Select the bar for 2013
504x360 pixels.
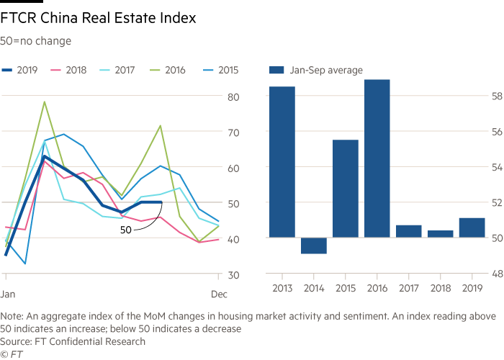[x=282, y=162]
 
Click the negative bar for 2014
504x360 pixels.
[x=313, y=246]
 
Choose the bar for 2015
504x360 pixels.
[x=345, y=188]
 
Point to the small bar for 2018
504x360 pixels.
[x=440, y=233]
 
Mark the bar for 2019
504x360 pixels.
[x=472, y=227]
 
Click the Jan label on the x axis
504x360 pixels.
[x=8, y=294]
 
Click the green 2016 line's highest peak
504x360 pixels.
[x=45, y=102]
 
